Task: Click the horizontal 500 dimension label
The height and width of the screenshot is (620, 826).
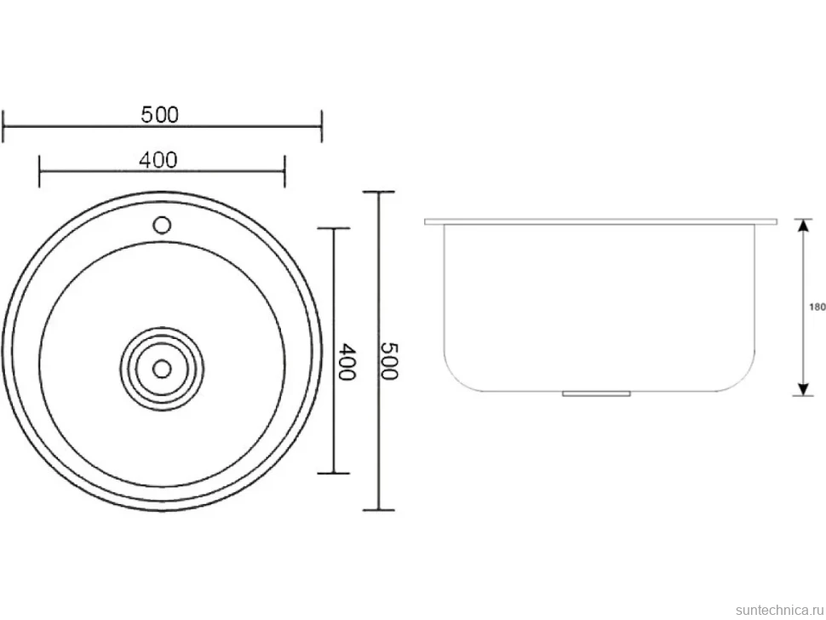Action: pos(160,114)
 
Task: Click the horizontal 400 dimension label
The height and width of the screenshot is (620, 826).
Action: pos(158,159)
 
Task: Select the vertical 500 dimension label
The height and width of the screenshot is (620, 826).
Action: pos(390,361)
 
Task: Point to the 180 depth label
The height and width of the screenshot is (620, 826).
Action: pos(817,307)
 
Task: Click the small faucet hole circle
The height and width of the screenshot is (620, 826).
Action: pos(162,226)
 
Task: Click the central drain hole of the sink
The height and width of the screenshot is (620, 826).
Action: pos(162,369)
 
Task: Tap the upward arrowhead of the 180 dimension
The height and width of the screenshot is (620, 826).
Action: pos(802,226)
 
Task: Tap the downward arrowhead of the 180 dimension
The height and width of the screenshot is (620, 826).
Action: pos(802,388)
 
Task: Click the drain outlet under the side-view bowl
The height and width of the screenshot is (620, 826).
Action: pos(596,393)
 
